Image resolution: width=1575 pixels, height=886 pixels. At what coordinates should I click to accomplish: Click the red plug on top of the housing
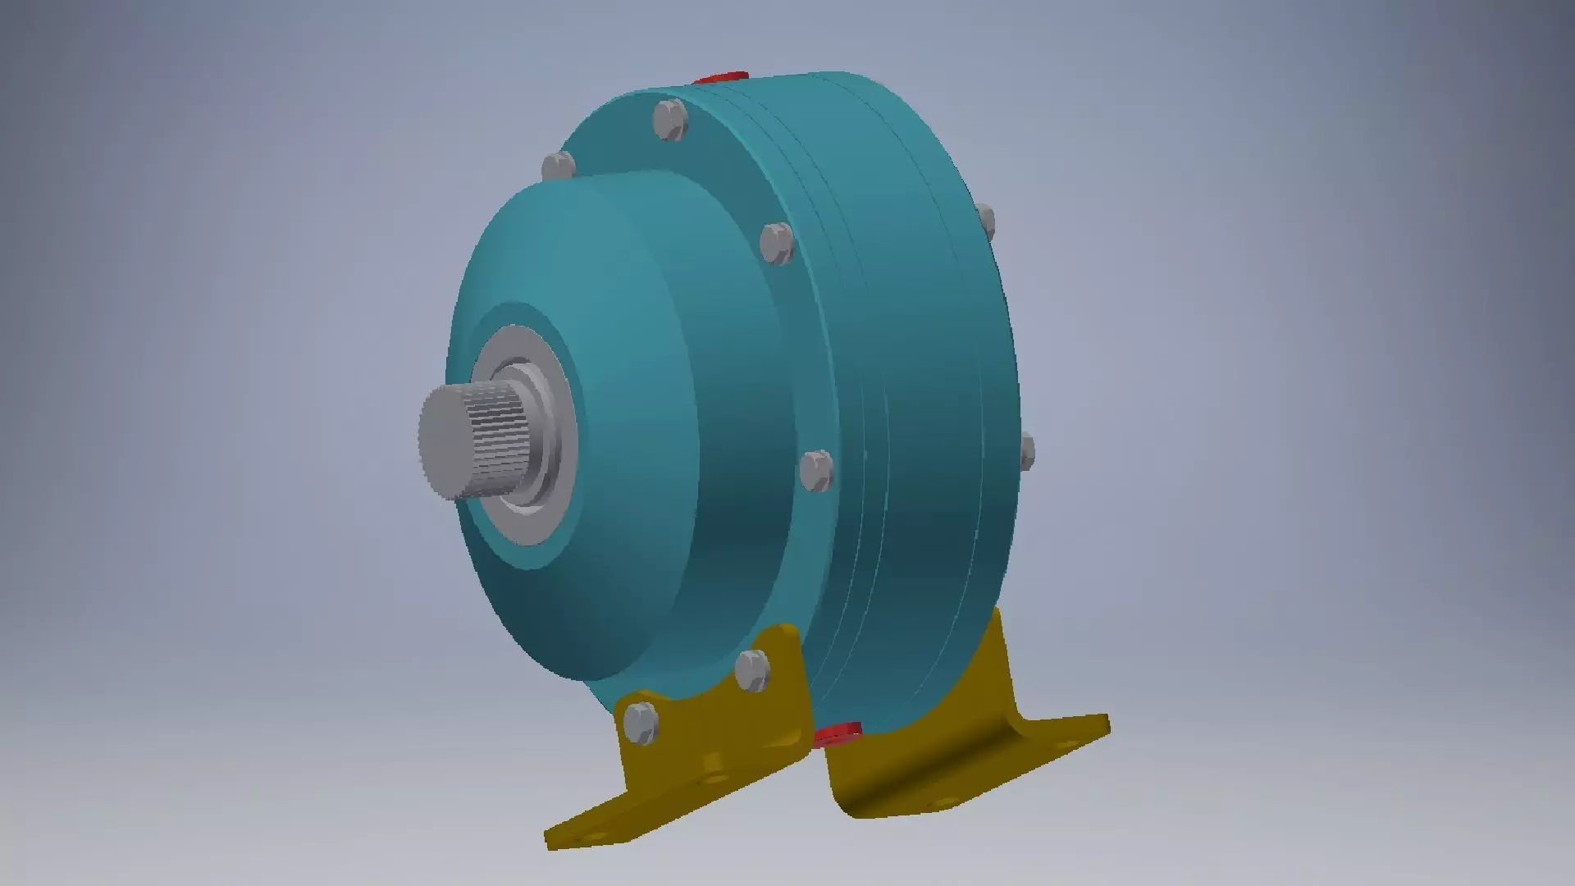point(719,78)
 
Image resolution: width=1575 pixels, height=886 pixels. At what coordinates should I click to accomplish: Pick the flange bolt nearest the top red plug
point(670,121)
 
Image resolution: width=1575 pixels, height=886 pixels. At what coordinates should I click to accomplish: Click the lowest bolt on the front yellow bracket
point(641,724)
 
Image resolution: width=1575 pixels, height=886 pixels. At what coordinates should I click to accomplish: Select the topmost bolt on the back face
point(987,222)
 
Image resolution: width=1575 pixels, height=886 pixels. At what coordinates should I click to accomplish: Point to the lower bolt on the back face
point(1026,452)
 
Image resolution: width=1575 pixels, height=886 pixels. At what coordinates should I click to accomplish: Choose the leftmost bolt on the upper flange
point(559,167)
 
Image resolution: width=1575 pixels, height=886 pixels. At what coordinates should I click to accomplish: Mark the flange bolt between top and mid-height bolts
point(775,244)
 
